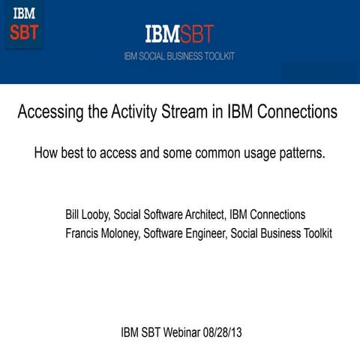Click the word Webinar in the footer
[178, 332]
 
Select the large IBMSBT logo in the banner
[179, 34]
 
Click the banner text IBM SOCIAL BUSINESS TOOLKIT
[179, 55]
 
